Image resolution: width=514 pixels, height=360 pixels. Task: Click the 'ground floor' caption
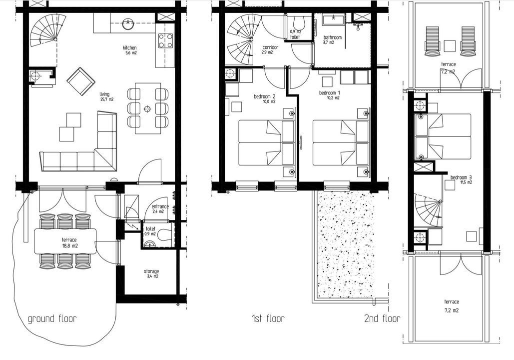52,318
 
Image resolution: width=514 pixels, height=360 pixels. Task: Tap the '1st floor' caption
268,318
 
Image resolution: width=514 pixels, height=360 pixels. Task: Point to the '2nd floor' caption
382,318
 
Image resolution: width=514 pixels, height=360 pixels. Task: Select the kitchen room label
130,50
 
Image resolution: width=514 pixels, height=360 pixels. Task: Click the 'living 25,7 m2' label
106,96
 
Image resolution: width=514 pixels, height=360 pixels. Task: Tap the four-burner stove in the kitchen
165,40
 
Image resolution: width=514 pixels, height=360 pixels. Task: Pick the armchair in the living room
80,81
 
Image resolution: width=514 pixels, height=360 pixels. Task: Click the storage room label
151,273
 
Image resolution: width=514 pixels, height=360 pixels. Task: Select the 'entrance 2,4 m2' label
160,208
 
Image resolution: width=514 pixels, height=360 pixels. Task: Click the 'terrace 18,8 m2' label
69,242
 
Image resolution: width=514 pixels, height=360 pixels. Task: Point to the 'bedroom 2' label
265,99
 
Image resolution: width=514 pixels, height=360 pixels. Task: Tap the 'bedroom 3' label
461,180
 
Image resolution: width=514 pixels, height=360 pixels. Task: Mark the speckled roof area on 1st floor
346,244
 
